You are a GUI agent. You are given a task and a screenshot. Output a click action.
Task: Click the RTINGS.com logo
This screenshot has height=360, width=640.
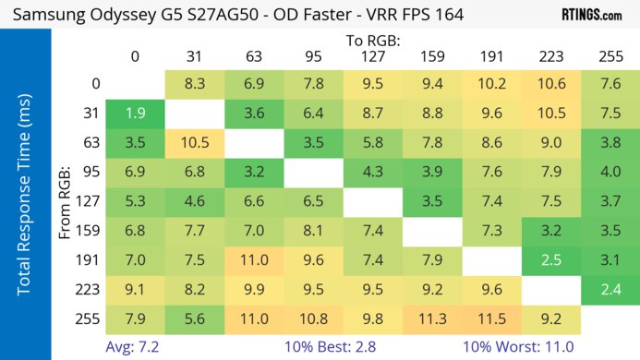point(591,15)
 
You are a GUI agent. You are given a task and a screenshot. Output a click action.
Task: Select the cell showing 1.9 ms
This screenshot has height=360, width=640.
point(135,114)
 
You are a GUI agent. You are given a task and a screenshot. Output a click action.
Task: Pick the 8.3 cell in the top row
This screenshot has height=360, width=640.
point(193,84)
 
